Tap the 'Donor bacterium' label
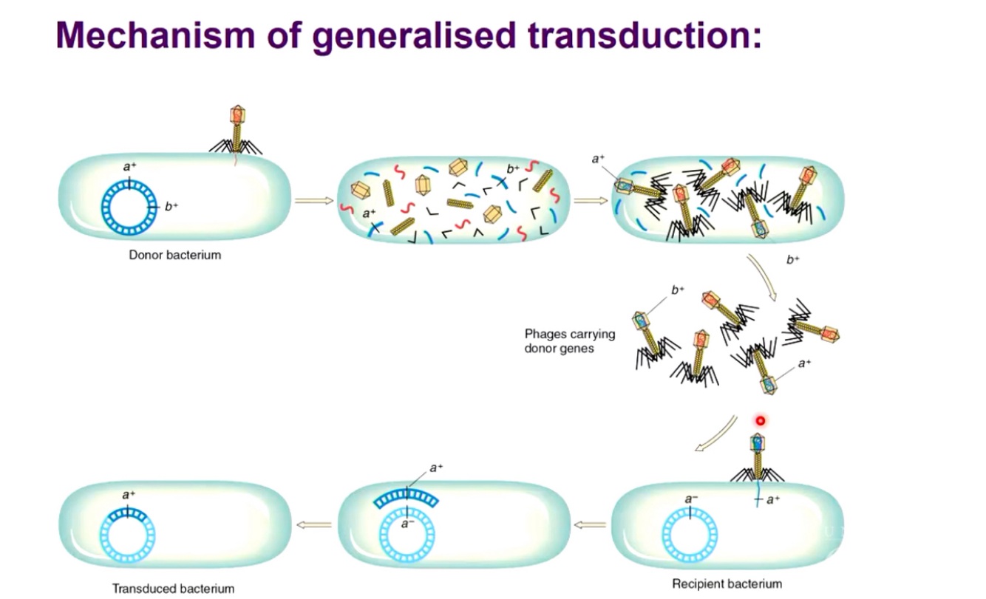[x=174, y=256]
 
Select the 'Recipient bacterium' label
[x=727, y=583]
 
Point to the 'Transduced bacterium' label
[x=173, y=589]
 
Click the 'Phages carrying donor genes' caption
[x=569, y=340]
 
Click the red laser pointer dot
[x=759, y=421]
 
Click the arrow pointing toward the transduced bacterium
[x=313, y=524]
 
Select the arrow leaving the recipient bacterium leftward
[x=589, y=524]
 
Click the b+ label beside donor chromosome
[x=171, y=207]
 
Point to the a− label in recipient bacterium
[x=690, y=500]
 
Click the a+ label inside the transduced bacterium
[x=129, y=495]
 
